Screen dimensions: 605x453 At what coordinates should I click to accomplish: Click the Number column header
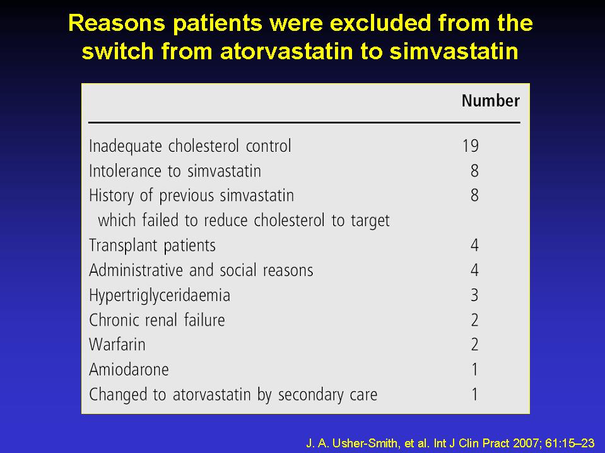point(491,101)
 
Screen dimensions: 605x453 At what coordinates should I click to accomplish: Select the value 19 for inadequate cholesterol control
point(471,146)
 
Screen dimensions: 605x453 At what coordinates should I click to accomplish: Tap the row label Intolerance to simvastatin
point(175,171)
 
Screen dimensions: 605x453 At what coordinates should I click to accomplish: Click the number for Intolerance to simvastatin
point(474,171)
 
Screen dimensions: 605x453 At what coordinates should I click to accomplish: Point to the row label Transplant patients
point(153,246)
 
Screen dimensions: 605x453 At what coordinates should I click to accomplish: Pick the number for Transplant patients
point(474,245)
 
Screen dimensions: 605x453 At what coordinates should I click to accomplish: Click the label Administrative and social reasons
point(201,270)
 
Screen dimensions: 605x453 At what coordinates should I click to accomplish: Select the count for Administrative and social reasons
point(474,270)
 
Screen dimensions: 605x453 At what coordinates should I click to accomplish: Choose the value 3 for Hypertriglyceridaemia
point(474,295)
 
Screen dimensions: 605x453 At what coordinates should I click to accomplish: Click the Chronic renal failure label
point(157,320)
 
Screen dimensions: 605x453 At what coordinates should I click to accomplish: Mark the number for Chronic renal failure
point(474,320)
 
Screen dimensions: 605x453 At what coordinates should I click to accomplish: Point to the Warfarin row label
point(117,345)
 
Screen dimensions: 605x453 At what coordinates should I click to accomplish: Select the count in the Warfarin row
point(474,345)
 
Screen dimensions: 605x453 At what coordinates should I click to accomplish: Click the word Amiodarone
point(129,370)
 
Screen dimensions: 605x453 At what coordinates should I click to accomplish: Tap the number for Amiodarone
point(475,370)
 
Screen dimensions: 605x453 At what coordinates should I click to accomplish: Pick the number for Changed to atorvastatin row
point(475,394)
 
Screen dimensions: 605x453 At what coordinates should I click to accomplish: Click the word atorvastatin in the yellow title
point(286,51)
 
